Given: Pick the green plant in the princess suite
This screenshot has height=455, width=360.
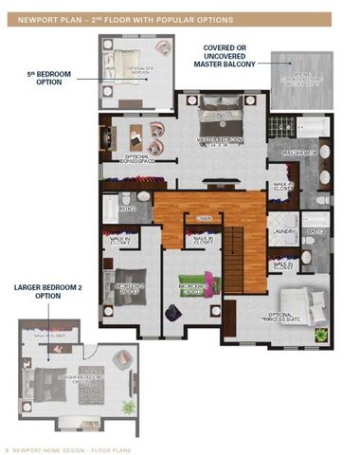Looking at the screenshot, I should (319, 335).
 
